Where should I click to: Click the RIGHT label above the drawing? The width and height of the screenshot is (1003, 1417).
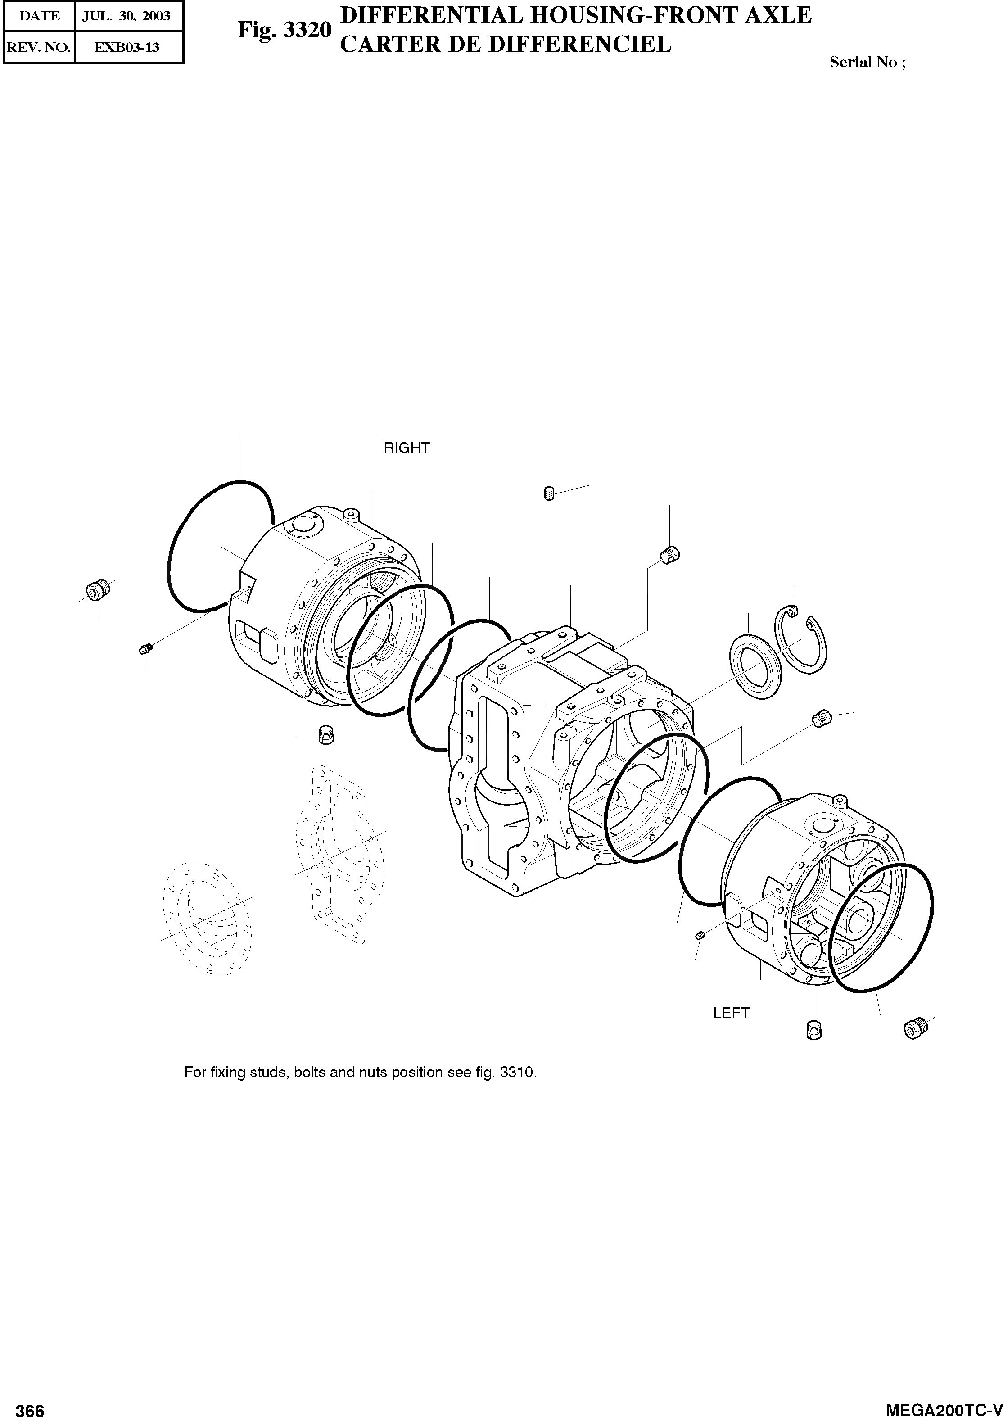coord(407,448)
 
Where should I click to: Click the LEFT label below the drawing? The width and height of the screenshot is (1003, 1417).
coord(731,1013)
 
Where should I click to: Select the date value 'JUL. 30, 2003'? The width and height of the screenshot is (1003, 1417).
coord(127,16)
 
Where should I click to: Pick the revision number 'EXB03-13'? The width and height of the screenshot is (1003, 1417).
coord(127,47)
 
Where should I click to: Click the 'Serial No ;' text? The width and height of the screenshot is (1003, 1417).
coord(868,63)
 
